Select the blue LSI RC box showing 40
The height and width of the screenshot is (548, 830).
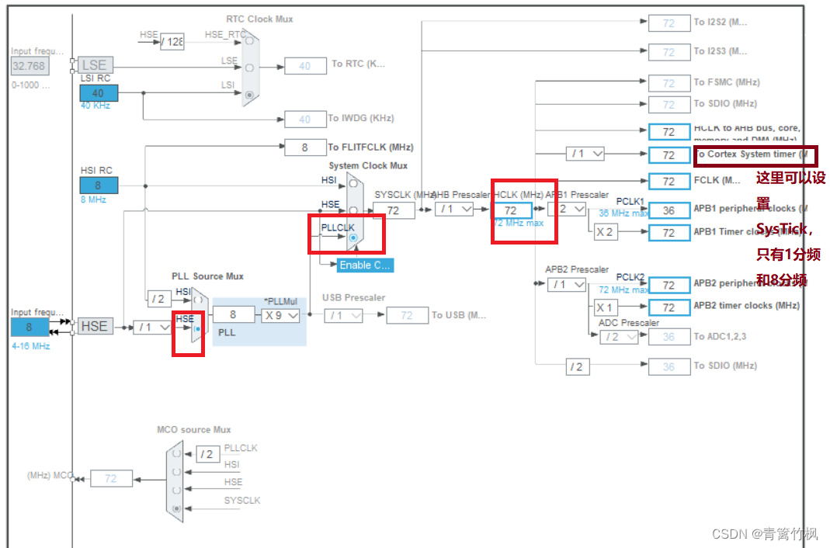click(x=99, y=93)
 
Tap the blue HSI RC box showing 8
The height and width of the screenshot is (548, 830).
click(x=99, y=186)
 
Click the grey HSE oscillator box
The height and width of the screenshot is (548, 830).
click(x=94, y=326)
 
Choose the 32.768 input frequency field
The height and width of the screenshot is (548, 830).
click(x=30, y=66)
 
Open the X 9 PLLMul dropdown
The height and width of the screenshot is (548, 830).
click(x=280, y=315)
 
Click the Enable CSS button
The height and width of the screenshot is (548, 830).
click(x=365, y=265)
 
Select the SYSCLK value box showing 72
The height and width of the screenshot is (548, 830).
click(x=393, y=210)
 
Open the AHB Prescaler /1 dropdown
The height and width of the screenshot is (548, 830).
click(x=454, y=209)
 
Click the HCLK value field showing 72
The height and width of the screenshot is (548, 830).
click(x=511, y=210)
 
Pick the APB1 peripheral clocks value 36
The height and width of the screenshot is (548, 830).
click(x=669, y=210)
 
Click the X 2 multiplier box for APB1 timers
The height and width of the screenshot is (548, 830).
click(x=606, y=232)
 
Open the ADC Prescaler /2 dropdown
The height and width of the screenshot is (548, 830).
click(x=619, y=337)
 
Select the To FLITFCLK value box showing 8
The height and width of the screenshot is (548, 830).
click(x=304, y=147)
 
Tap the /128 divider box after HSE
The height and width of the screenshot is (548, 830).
click(x=172, y=41)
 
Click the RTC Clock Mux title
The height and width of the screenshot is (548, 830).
click(x=259, y=19)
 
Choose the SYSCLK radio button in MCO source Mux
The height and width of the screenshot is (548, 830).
click(x=178, y=508)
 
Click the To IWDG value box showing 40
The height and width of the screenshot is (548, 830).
click(x=304, y=119)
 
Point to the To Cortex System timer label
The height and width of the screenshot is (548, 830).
click(x=751, y=154)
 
